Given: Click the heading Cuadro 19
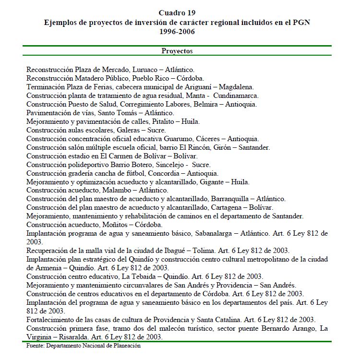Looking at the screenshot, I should click(x=177, y=12).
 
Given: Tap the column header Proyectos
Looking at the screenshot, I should click(x=177, y=50).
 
